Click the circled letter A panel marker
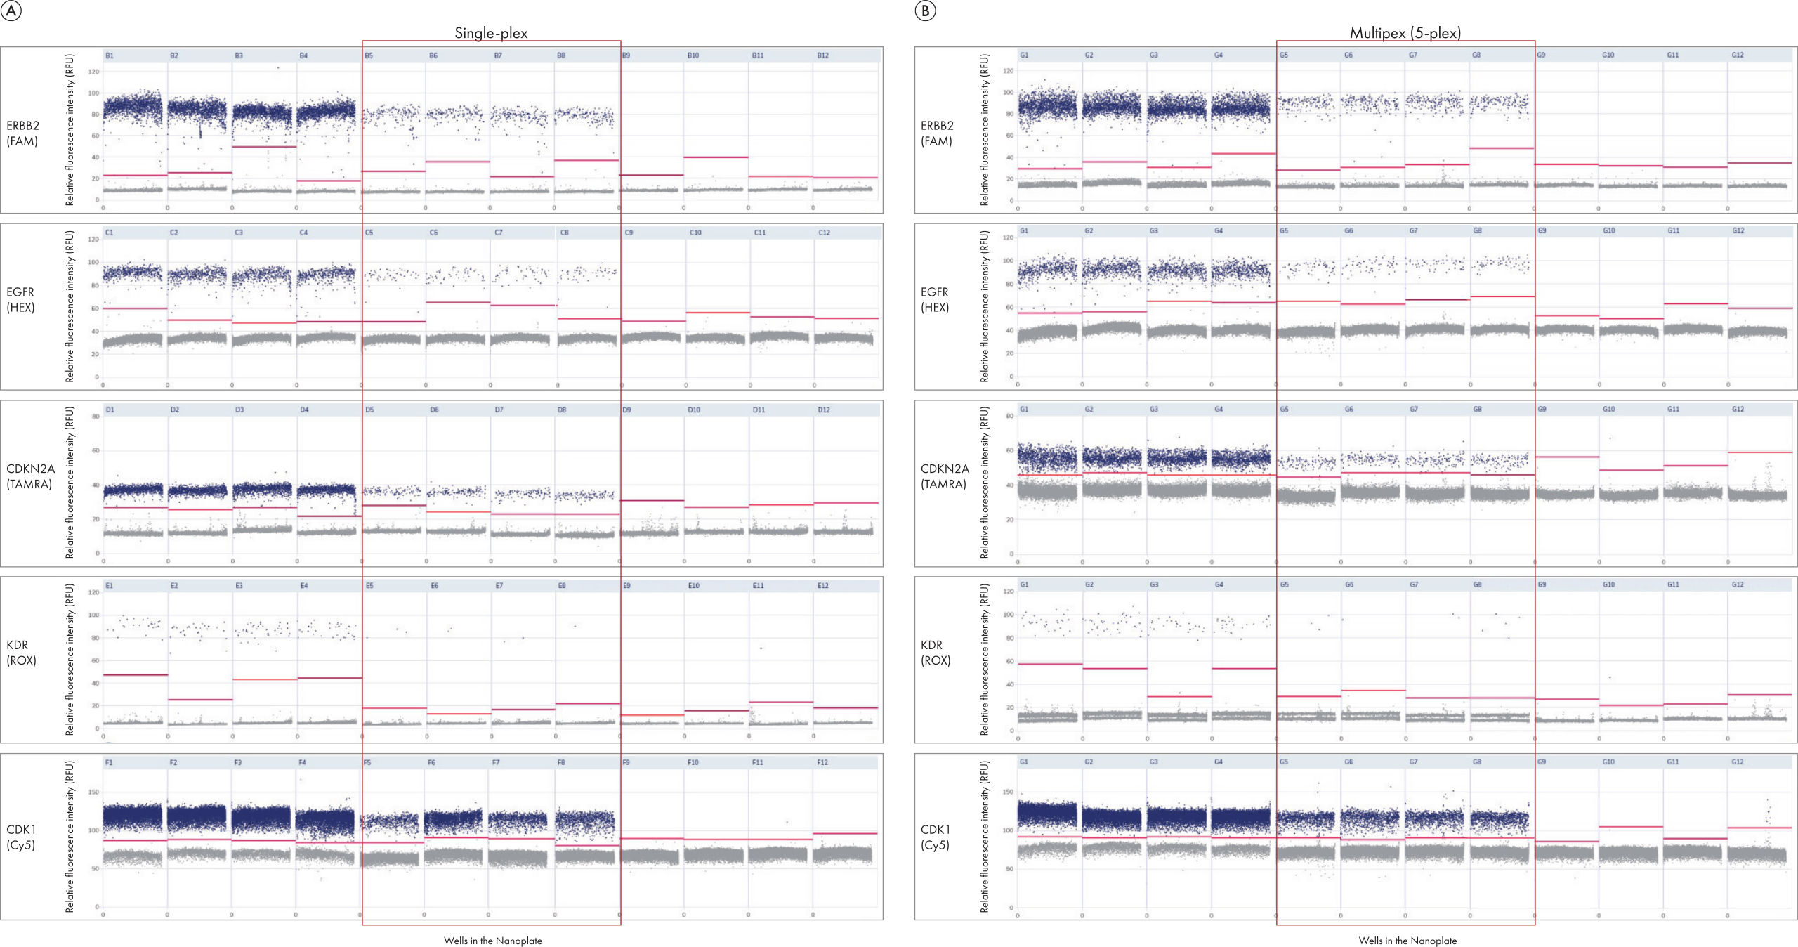click(11, 11)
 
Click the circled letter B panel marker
click(926, 11)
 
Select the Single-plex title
click(491, 32)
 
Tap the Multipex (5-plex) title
click(1405, 32)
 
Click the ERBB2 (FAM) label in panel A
click(22, 133)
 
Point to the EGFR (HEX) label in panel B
click(935, 299)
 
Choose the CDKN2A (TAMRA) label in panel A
click(30, 476)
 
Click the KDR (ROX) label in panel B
click(936, 652)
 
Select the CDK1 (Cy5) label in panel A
click(21, 837)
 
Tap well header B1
click(110, 55)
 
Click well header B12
click(823, 55)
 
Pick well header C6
click(433, 233)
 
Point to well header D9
click(627, 410)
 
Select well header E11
click(759, 585)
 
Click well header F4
click(303, 762)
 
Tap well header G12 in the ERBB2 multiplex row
click(1738, 55)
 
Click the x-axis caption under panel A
click(492, 941)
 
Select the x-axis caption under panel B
click(1407, 941)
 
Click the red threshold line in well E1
click(136, 675)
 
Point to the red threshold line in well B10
click(716, 157)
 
